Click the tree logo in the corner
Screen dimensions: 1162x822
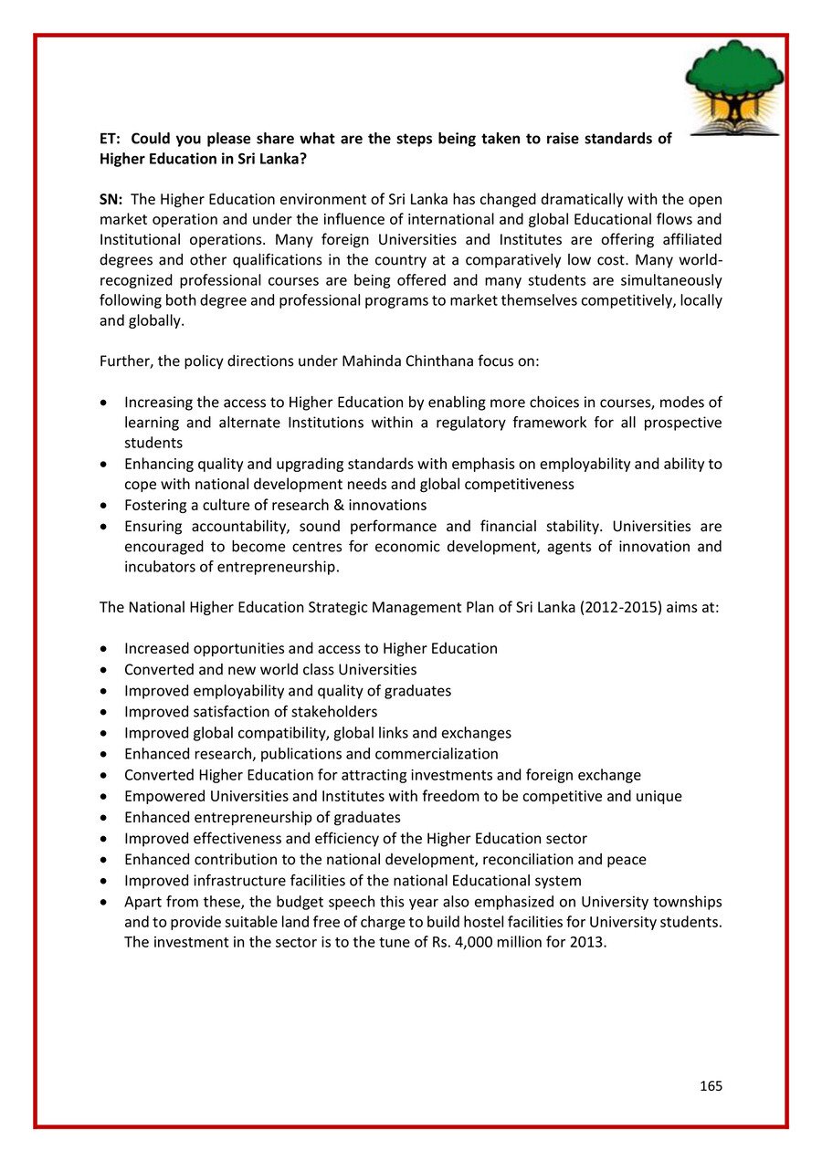point(733,88)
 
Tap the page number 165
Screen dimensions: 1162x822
point(711,1085)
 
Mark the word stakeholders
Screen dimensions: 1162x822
point(331,711)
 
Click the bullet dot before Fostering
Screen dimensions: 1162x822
point(107,505)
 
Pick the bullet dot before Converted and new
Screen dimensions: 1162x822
point(107,670)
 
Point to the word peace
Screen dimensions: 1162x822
point(626,859)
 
